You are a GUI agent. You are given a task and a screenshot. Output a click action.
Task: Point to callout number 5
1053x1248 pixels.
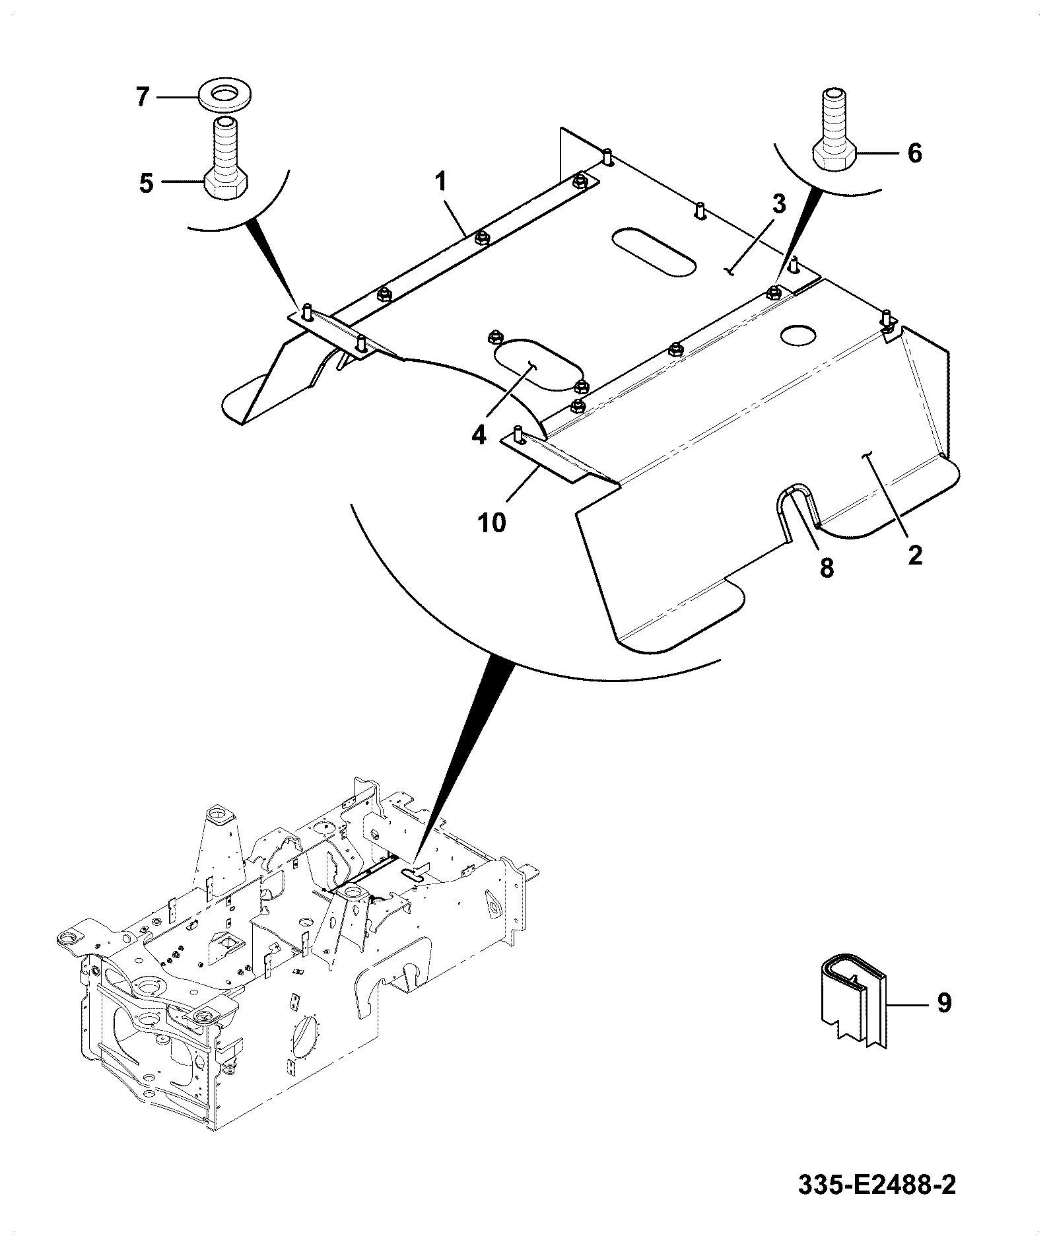click(x=147, y=183)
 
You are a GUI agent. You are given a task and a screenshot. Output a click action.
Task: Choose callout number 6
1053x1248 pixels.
click(x=914, y=153)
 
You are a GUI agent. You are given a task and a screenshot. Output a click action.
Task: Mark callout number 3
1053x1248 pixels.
click(x=779, y=205)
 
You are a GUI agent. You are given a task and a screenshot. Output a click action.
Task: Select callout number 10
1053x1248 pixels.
click(x=492, y=522)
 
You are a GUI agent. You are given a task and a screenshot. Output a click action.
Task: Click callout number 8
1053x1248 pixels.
click(x=827, y=567)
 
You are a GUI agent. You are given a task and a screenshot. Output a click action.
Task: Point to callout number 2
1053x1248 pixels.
click(x=914, y=555)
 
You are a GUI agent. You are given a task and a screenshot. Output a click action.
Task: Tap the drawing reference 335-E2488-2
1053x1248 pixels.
click(x=877, y=1185)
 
